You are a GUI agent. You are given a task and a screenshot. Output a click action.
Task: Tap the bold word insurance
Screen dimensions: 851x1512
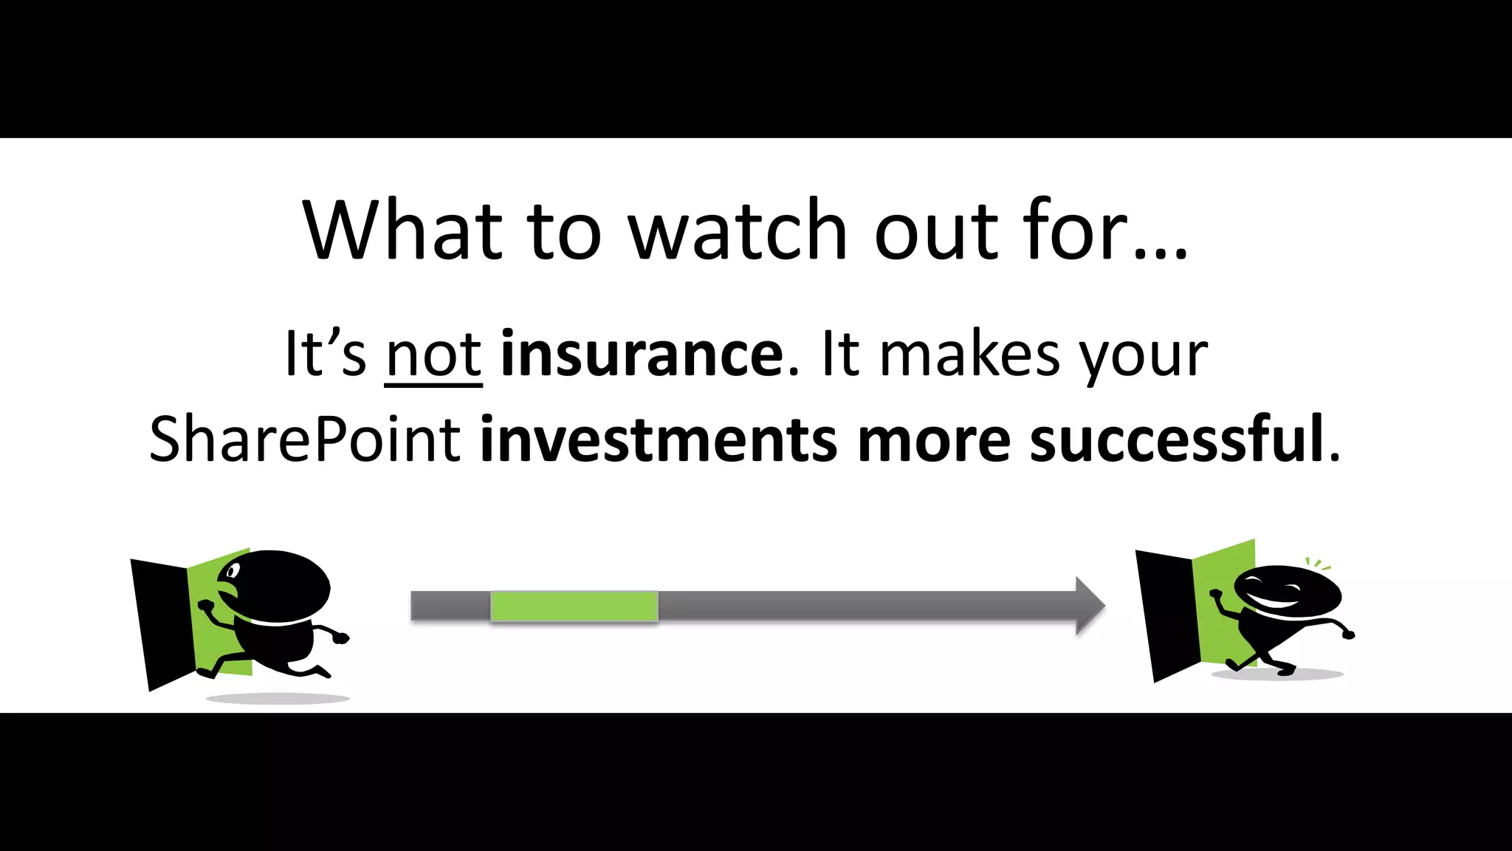(x=641, y=355)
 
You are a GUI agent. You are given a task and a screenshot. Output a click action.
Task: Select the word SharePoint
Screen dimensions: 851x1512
(x=305, y=440)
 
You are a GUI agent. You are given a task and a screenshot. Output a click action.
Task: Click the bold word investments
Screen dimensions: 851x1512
(x=658, y=440)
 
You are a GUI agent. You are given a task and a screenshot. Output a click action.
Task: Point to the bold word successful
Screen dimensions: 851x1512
(x=1177, y=440)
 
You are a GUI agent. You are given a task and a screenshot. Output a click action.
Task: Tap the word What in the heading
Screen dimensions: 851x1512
(x=403, y=230)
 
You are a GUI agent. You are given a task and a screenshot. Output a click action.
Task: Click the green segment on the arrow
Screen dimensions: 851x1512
(x=574, y=606)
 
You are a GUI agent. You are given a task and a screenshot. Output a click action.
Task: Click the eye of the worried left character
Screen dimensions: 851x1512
(x=233, y=571)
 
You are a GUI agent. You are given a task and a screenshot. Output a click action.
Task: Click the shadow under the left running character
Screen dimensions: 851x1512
(x=278, y=698)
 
